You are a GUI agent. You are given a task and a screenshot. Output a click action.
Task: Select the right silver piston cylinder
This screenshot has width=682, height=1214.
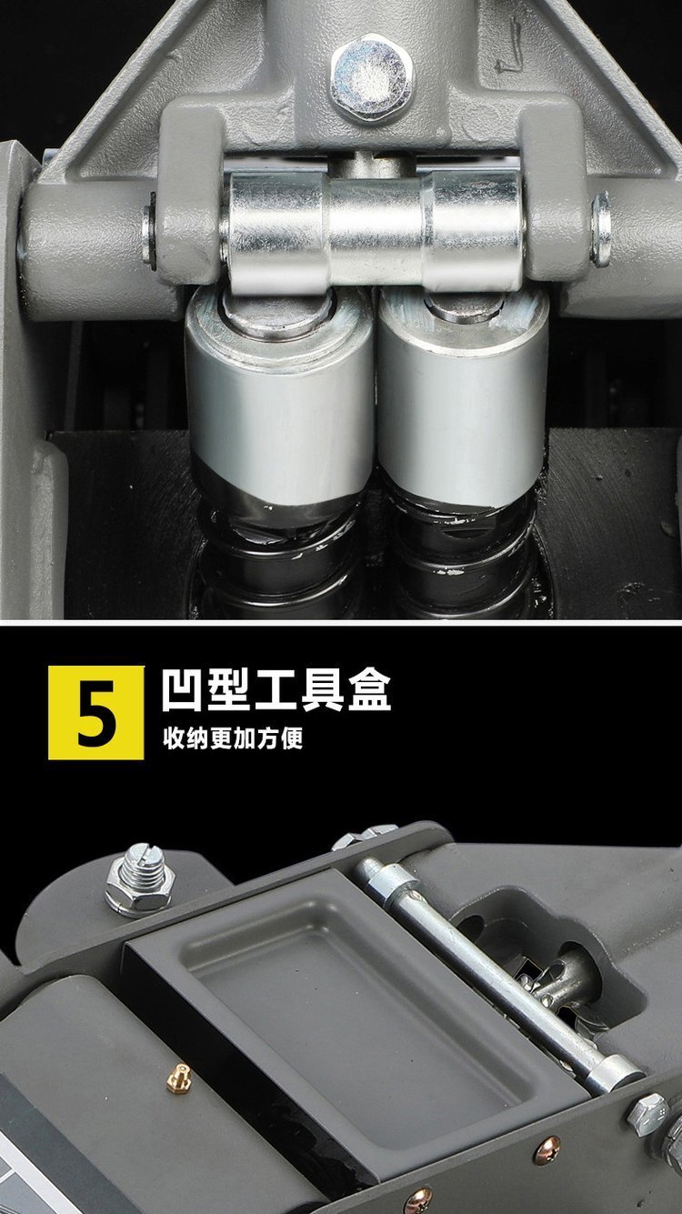coord(463,401)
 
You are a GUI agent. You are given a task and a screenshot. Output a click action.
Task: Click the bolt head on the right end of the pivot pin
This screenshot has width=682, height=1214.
coord(601,229)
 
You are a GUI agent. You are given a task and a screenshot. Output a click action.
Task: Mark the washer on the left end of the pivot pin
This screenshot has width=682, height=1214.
coord(148,232)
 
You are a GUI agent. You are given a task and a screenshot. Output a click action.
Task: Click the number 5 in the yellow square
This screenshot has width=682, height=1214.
coord(96,713)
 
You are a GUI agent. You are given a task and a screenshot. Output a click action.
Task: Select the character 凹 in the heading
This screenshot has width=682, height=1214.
coord(183,691)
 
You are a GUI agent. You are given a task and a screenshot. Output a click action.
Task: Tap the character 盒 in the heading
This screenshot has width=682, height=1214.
coord(369,691)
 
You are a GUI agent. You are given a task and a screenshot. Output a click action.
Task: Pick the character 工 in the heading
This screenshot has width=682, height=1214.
coord(276,691)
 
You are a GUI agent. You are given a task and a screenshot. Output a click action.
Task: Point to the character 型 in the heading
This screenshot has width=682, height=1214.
coord(229,691)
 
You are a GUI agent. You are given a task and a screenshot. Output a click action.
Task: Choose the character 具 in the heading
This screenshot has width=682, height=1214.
coord(323,691)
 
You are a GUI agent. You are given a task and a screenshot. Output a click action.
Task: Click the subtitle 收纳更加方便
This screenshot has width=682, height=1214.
coord(233,737)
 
